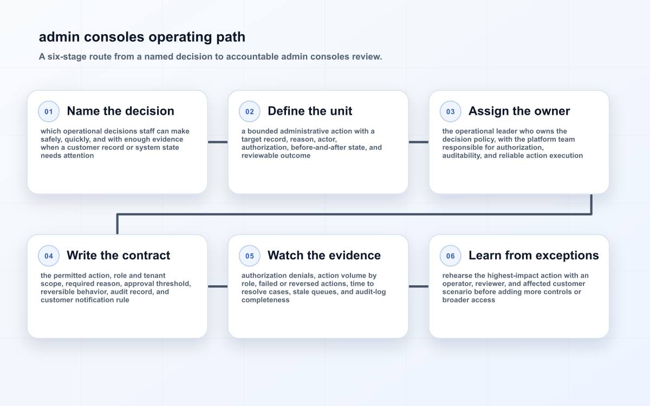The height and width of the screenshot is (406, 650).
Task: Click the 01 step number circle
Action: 49,112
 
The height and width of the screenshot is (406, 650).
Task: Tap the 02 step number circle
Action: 250,112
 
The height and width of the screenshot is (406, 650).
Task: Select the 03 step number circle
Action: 450,112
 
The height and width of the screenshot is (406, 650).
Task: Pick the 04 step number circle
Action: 49,256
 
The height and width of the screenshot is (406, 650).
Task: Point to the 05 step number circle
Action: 250,256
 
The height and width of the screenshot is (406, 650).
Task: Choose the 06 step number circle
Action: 450,256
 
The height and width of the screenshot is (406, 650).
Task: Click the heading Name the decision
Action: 120,111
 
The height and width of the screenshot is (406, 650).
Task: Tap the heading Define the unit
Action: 310,111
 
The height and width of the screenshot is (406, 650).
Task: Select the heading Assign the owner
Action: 519,111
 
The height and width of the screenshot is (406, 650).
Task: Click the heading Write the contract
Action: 119,256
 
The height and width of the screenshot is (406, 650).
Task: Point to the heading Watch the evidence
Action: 324,256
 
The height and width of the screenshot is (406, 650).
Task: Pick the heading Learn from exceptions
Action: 534,256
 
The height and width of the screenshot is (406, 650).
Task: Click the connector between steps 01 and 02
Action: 218,142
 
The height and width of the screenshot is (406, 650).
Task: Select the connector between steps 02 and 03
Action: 418,142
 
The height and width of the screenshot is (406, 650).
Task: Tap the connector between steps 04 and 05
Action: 218,286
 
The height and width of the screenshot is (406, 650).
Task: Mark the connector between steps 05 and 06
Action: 418,286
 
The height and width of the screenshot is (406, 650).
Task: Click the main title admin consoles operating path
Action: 142,37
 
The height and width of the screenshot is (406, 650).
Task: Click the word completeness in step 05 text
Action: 265,300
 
